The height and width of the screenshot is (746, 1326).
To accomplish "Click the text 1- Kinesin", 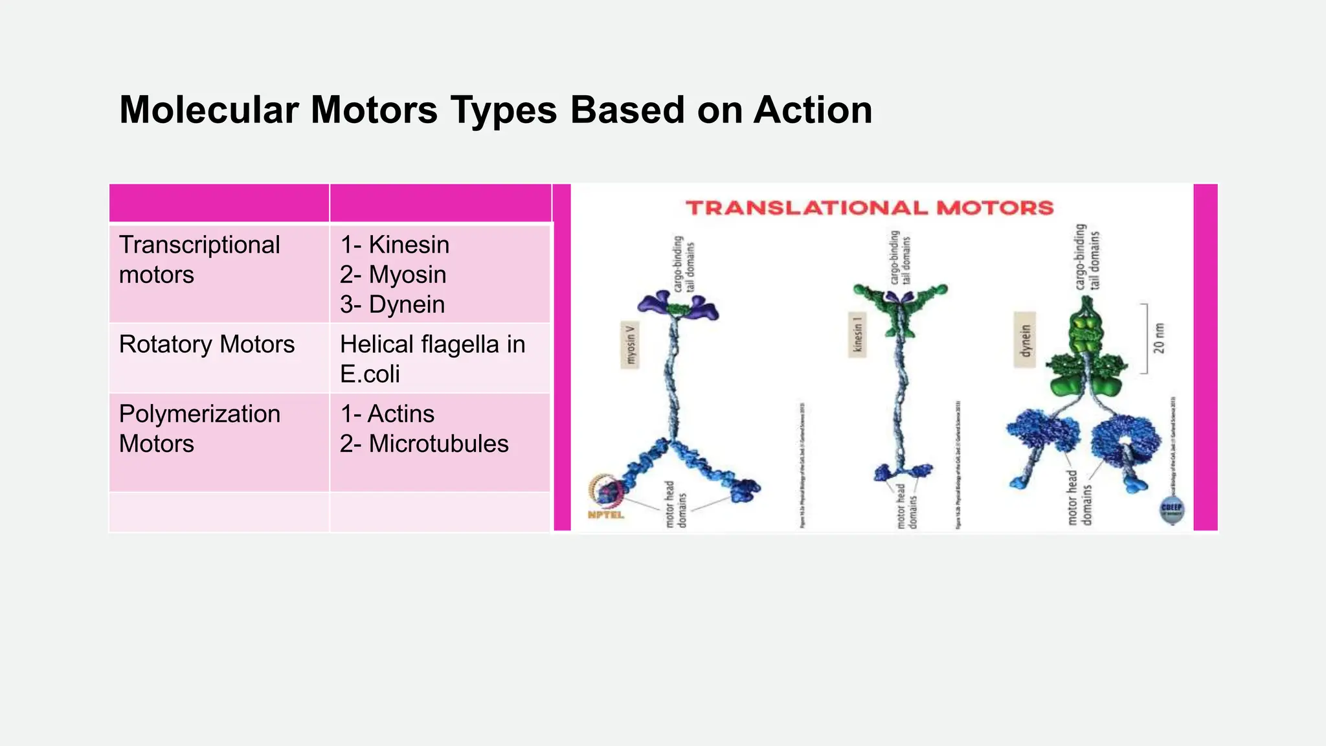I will (394, 245).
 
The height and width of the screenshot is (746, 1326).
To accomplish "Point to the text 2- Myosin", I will (393, 275).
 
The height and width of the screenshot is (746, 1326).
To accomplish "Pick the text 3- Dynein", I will (392, 304).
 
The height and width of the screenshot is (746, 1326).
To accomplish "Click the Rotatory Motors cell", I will (207, 345).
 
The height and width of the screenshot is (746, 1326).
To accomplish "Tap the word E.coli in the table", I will (370, 374).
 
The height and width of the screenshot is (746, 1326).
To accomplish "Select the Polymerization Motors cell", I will (199, 429).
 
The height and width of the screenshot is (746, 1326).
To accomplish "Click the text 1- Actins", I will (387, 414).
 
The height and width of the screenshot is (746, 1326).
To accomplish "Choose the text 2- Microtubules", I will (424, 444).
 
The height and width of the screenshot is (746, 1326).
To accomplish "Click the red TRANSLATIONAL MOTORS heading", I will (869, 208).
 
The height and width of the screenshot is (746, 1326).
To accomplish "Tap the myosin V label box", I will (630, 345).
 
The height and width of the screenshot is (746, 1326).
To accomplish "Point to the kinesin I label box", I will (857, 335).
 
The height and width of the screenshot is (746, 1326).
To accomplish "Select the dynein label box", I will (1024, 340).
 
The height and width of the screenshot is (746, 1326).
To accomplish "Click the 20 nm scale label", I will (1158, 338).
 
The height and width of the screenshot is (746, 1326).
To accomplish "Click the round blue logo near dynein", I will (1171, 510).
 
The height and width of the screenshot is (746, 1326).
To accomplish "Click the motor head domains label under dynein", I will (1079, 499).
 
